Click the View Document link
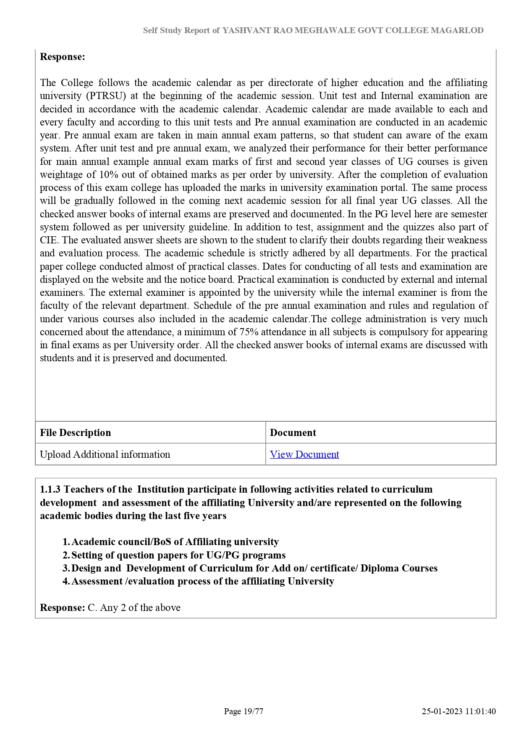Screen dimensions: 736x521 [x=304, y=454]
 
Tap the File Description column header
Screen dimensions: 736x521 [x=76, y=433]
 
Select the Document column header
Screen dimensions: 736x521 [x=293, y=433]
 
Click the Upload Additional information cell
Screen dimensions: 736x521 [x=105, y=454]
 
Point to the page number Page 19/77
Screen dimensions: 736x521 [x=243, y=711]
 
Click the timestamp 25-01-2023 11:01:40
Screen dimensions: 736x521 [x=459, y=711]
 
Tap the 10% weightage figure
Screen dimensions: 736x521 [x=109, y=175]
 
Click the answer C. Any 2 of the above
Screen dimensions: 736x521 [x=134, y=608]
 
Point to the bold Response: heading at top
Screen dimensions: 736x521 [x=63, y=57]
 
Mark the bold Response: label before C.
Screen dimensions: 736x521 [x=63, y=608]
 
